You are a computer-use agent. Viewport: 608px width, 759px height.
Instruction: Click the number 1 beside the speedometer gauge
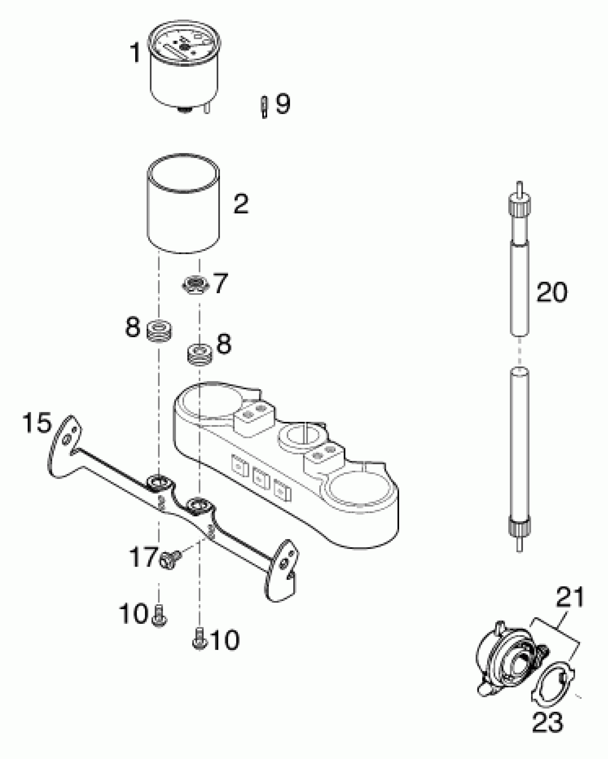[x=135, y=53]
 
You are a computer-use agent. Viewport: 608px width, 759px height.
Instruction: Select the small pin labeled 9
[x=264, y=107]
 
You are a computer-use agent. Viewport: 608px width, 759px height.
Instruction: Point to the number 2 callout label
[x=241, y=204]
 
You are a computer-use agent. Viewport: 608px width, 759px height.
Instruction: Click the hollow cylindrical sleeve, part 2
[x=183, y=215]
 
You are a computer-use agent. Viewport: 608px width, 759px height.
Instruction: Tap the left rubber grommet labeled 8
[x=160, y=331]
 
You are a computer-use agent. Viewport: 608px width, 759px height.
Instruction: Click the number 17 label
[x=144, y=557]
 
